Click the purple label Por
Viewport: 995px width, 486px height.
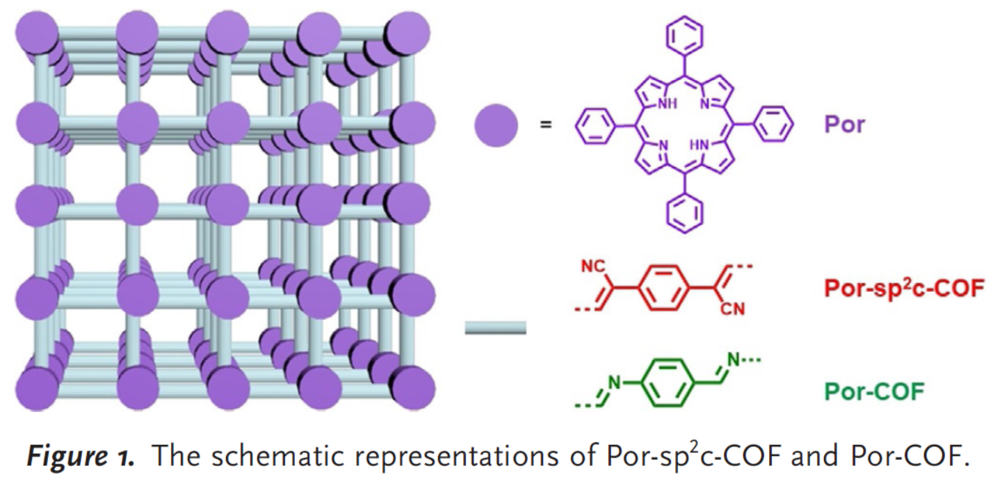tap(843, 126)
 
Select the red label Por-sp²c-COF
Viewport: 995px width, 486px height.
tap(904, 289)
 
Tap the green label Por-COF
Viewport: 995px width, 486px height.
tap(875, 391)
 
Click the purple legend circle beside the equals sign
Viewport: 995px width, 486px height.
tap(496, 126)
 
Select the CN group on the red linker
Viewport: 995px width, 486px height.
tap(734, 309)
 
